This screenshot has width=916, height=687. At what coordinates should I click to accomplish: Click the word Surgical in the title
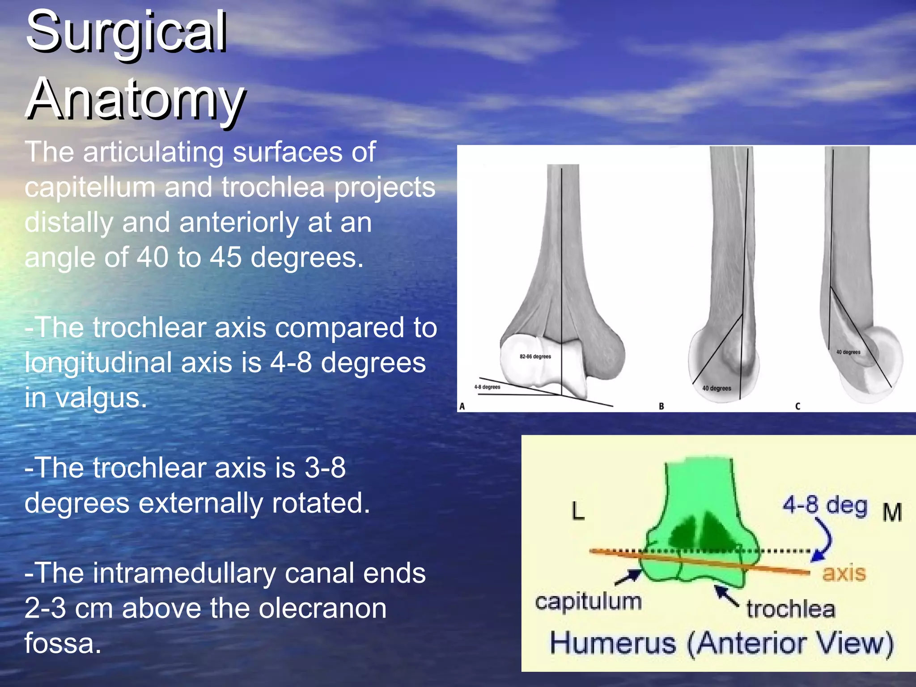pyautogui.click(x=126, y=32)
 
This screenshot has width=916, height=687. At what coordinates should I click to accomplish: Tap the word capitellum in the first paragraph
pyautogui.click(x=89, y=187)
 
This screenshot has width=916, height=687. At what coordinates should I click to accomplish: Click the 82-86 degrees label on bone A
pyautogui.click(x=535, y=356)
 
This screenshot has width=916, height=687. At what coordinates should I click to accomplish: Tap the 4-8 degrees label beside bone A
pyautogui.click(x=487, y=387)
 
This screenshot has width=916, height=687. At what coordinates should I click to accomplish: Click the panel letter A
pyautogui.click(x=462, y=406)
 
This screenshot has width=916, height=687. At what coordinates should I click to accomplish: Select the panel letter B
pyautogui.click(x=661, y=406)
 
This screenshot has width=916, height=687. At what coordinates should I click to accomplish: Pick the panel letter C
pyautogui.click(x=797, y=406)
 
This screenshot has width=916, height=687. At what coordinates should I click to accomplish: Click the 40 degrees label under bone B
pyautogui.click(x=717, y=388)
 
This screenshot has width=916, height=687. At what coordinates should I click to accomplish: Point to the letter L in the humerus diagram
pyautogui.click(x=578, y=511)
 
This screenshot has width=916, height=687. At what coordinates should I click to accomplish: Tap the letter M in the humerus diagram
pyautogui.click(x=892, y=513)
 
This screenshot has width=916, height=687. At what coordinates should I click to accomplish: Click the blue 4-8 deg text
pyautogui.click(x=825, y=505)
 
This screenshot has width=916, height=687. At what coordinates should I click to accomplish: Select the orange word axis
pyautogui.click(x=844, y=573)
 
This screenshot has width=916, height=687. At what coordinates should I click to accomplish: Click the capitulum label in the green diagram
pyautogui.click(x=588, y=602)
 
